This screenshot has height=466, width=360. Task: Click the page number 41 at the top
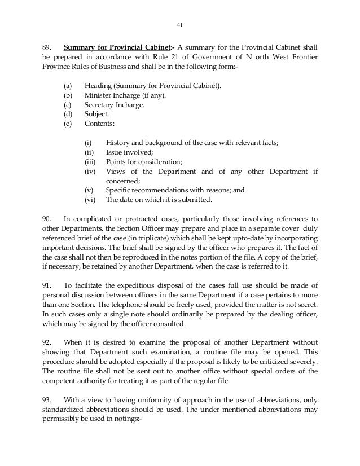(180, 25)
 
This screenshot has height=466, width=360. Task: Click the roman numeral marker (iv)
(90, 171)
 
